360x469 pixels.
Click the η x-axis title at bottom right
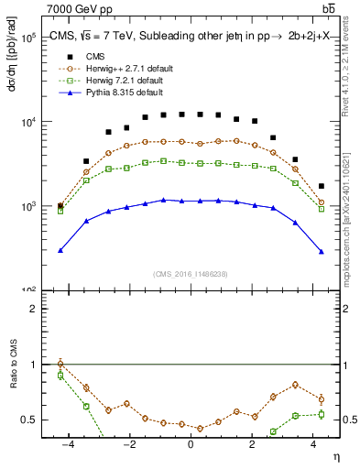click(x=335, y=456)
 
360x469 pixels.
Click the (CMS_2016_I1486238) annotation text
click(x=190, y=273)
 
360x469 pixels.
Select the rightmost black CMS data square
click(x=321, y=186)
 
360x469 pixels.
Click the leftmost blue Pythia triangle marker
click(x=60, y=250)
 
